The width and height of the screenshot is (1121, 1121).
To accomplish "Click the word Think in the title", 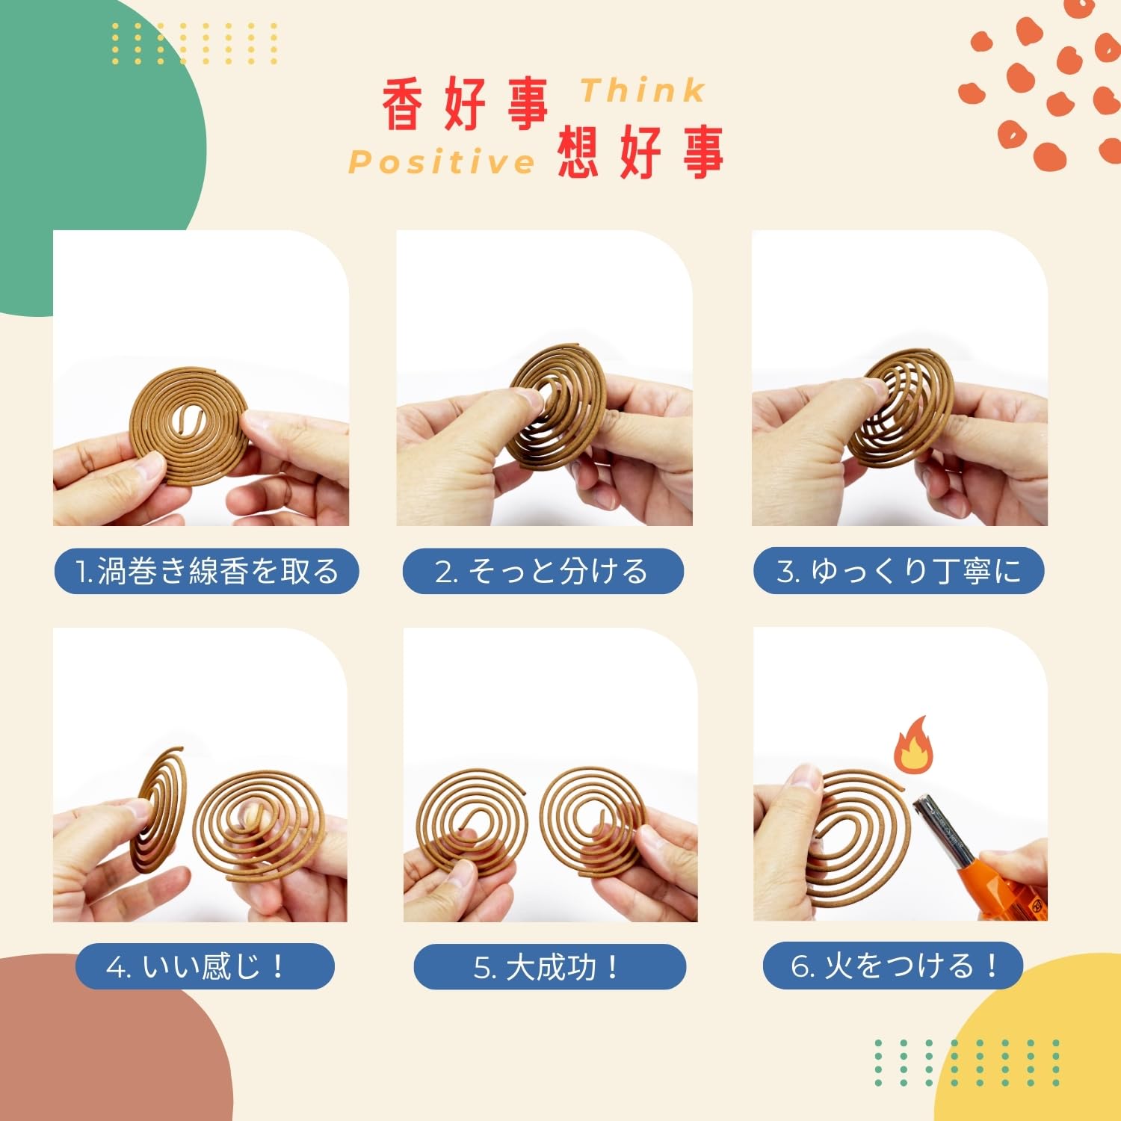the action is [643, 90].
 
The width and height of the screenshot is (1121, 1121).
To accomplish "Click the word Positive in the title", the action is [442, 162].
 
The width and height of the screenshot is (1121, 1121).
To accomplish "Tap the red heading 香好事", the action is [466, 105].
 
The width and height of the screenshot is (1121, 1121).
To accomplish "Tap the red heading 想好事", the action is [640, 152].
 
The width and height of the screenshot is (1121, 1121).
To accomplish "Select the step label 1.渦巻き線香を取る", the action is [207, 572].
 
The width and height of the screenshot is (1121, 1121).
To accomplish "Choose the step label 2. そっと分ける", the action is [543, 572].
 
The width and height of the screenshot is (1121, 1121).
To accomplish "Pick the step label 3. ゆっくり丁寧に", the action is [898, 572].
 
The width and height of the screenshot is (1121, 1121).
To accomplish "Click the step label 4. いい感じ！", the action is [205, 966].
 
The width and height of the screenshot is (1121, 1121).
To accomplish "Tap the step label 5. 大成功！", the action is [550, 966].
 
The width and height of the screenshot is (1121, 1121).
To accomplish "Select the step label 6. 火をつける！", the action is [893, 966].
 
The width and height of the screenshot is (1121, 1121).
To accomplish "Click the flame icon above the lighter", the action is [913, 746].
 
